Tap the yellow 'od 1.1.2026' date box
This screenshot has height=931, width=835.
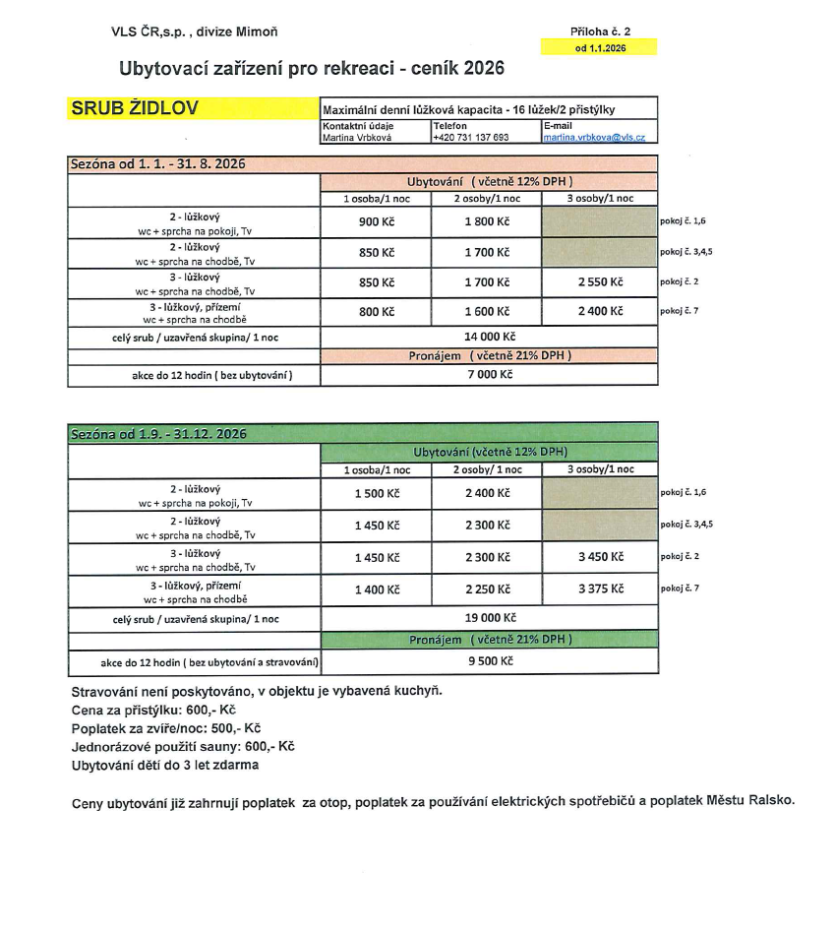pyautogui.click(x=598, y=47)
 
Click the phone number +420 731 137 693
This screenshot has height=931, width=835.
pyautogui.click(x=470, y=138)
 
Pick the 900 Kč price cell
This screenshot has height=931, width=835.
pyautogui.click(x=376, y=221)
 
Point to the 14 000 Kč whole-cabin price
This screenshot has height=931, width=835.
pyautogui.click(x=488, y=337)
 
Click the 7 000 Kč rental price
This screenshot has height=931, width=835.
pyautogui.click(x=488, y=375)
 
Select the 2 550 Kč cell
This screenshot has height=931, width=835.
pyautogui.click(x=600, y=282)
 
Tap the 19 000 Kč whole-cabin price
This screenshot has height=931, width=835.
pyautogui.click(x=489, y=618)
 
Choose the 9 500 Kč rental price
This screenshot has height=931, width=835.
pyautogui.click(x=489, y=661)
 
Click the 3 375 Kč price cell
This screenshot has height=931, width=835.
pyautogui.click(x=600, y=589)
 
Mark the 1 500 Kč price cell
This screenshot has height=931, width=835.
pyautogui.click(x=377, y=493)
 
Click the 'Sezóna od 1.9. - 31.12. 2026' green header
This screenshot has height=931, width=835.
pyautogui.click(x=158, y=434)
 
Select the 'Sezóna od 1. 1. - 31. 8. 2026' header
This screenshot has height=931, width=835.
pyautogui.click(x=157, y=164)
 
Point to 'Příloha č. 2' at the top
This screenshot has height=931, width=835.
pyautogui.click(x=600, y=31)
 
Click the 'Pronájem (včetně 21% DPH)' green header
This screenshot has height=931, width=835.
pyautogui.click(x=490, y=640)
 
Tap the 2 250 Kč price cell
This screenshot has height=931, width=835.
pyautogui.click(x=488, y=589)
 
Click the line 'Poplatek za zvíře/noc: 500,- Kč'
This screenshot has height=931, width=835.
pyautogui.click(x=166, y=728)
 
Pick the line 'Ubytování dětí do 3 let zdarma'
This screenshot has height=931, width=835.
pyautogui.click(x=165, y=765)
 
